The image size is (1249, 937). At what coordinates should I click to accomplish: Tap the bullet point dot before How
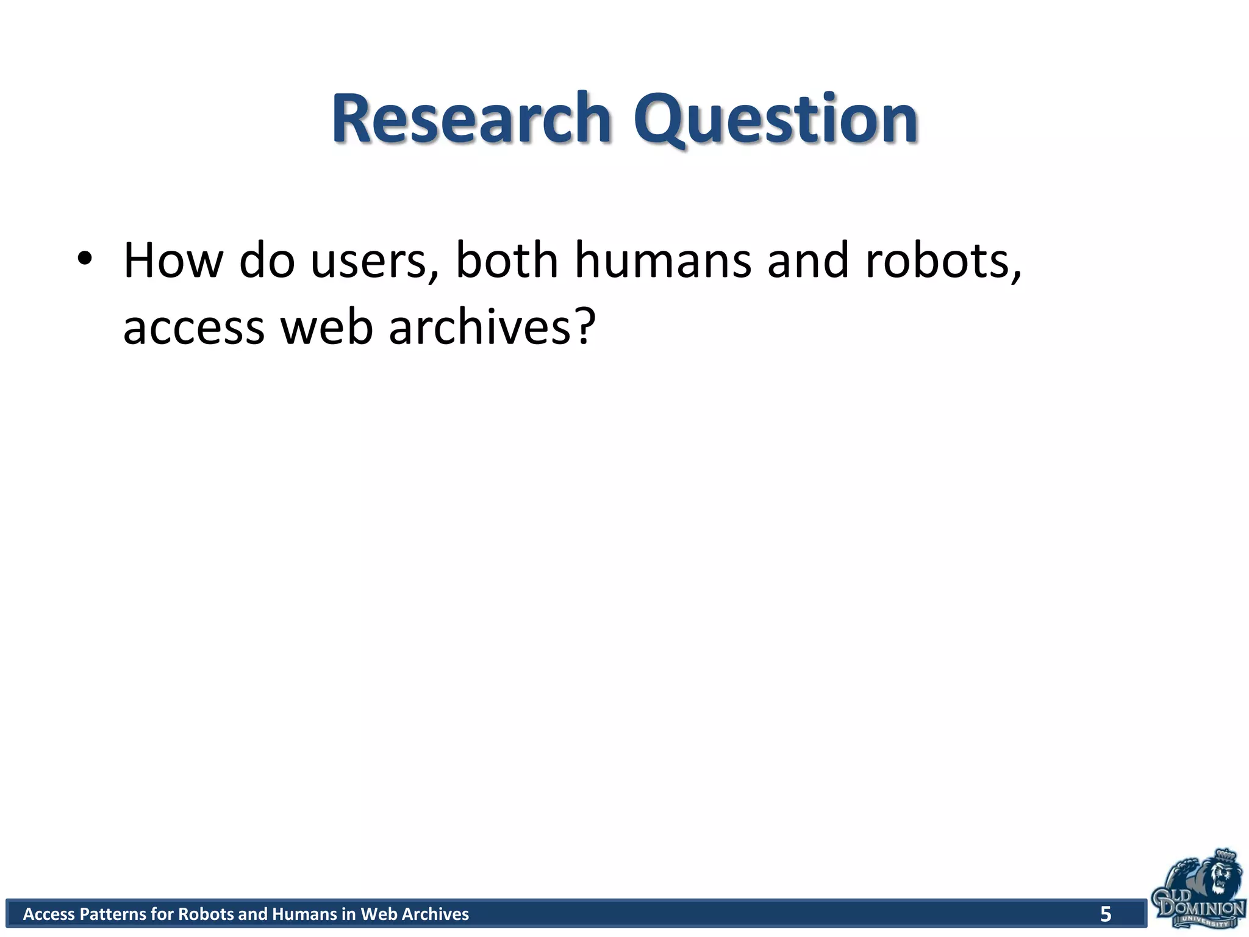[85, 259]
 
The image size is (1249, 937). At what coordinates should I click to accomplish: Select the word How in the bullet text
[173, 261]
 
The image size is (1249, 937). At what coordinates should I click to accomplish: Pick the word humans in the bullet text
[663, 261]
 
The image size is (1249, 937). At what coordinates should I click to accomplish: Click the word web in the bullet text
[326, 327]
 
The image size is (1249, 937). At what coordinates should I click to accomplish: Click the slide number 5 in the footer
[1105, 914]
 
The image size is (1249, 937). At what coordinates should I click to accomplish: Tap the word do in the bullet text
[267, 261]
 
